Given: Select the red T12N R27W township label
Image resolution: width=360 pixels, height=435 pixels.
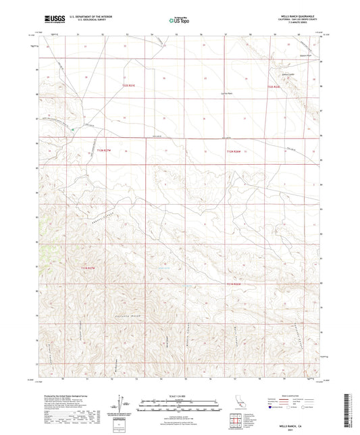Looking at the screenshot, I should (x=101, y=150).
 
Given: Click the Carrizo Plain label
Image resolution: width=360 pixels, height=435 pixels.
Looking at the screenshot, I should (x=190, y=93).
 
